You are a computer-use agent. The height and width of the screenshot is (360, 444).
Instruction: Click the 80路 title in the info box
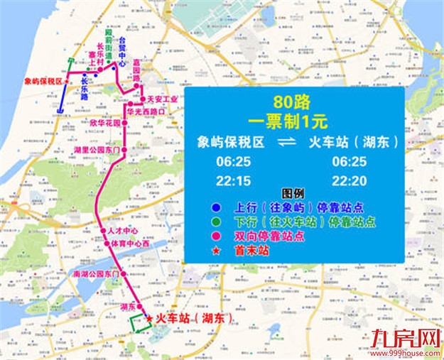[293, 101]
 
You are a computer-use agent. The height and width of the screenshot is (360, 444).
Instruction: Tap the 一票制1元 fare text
[293, 119]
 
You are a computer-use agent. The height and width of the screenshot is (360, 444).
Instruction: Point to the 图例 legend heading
[292, 194]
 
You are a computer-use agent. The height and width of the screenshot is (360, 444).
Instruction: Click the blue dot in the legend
[215, 208]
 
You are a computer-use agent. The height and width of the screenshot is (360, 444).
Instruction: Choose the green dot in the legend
[215, 222]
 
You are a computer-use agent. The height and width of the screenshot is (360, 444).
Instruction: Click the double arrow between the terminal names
[286, 143]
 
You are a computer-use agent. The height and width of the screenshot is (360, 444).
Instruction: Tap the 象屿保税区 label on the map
[44, 82]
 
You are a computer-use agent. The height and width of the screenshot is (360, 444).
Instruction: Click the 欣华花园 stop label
[105, 123]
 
